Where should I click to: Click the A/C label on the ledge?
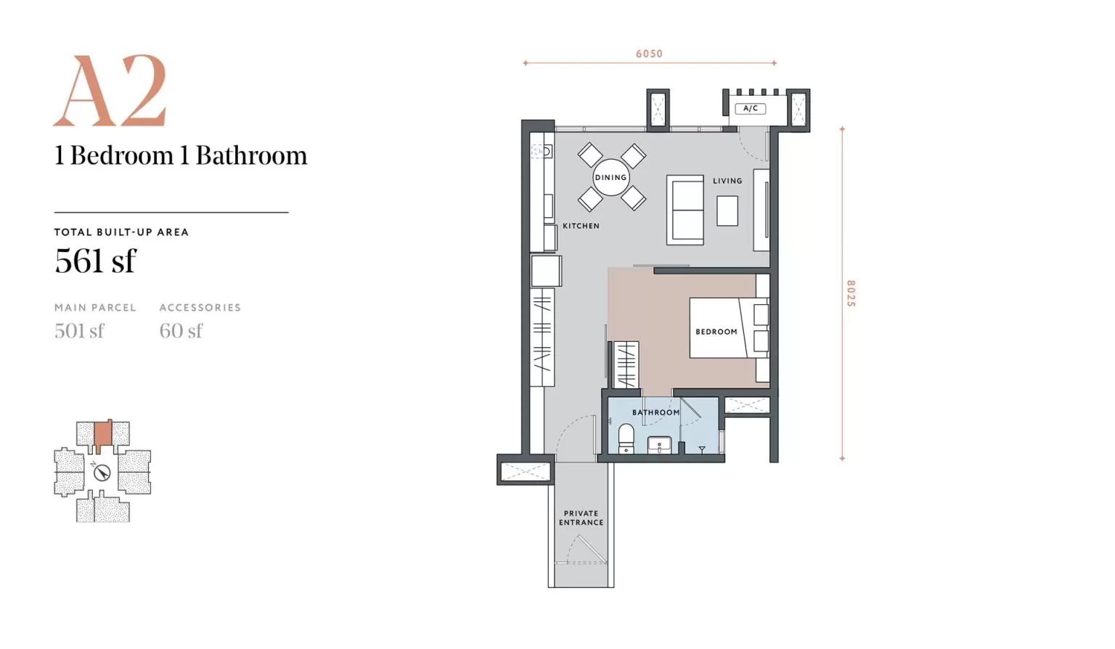(750, 108)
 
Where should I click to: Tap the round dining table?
(610, 178)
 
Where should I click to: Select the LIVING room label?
(727, 181)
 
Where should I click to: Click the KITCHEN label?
(581, 226)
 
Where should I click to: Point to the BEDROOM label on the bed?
(716, 332)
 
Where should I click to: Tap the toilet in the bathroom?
(626, 439)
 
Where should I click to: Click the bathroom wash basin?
(659, 445)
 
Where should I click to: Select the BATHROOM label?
(655, 412)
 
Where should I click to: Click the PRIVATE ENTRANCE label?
(581, 518)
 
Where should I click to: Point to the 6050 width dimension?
(650, 54)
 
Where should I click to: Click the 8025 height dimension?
(851, 293)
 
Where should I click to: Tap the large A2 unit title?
(110, 90)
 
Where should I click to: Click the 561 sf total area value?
(95, 261)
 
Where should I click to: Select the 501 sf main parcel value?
(79, 331)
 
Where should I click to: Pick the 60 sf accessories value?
(181, 331)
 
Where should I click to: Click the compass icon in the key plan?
(102, 472)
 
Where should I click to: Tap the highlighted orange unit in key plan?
(103, 435)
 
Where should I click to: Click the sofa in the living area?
(685, 210)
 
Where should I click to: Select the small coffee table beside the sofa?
(727, 211)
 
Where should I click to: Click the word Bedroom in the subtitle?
(121, 155)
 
